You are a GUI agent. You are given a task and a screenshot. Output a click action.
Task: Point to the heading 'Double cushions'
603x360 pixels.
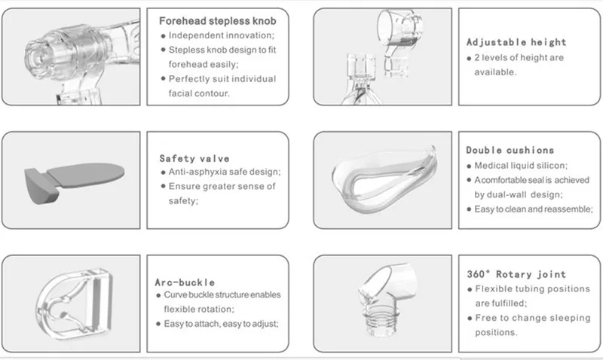[510, 150]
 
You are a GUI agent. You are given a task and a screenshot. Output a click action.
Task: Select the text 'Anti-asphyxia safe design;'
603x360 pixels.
[224, 172]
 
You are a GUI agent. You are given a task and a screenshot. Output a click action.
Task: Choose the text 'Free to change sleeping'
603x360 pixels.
[527, 318]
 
